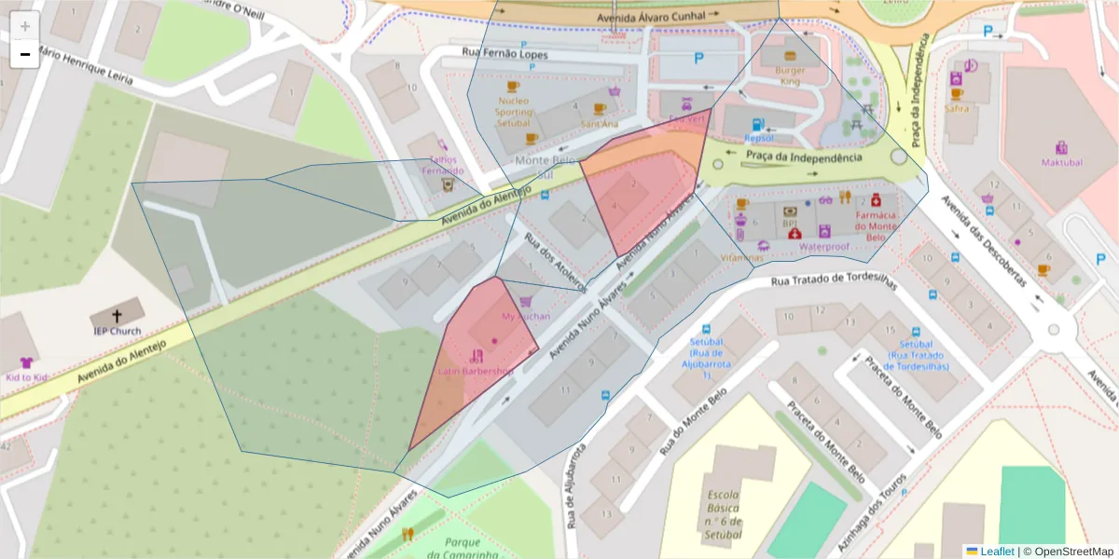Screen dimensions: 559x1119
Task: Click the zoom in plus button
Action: coord(25,26)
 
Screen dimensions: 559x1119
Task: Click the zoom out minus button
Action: coord(25,54)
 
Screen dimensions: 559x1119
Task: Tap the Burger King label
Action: coord(790,75)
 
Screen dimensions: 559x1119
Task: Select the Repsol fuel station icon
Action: coord(759,124)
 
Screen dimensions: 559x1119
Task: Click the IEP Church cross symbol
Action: coord(117,316)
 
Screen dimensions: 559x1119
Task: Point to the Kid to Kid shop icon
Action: coord(26,362)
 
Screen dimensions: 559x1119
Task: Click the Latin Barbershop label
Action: coord(476,371)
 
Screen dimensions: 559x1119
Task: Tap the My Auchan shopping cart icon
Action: coord(526,302)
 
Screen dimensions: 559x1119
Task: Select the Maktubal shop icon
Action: coord(1061,147)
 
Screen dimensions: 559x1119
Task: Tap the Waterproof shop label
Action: coord(823,247)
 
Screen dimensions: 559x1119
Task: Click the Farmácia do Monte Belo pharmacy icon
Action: coord(876,199)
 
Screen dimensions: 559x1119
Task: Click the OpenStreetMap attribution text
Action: coord(1073,552)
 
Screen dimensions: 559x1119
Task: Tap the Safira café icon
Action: coord(956,94)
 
